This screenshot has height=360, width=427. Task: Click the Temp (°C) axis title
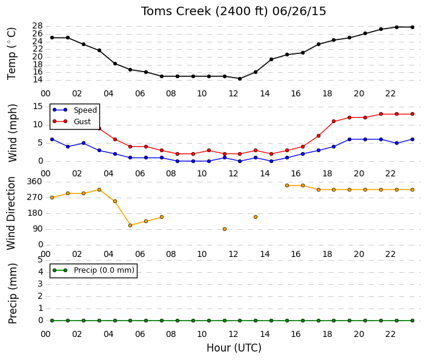coord(12,54)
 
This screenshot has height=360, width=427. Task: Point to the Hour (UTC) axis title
coord(234,348)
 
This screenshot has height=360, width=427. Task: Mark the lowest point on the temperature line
coord(240,79)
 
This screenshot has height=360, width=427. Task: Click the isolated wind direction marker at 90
coord(225,229)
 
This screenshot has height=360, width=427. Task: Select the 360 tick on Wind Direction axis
coord(35,181)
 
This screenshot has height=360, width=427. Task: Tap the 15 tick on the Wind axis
coord(38,106)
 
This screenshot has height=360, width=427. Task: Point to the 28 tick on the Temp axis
coord(38,26)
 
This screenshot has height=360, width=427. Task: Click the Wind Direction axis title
coord(12,213)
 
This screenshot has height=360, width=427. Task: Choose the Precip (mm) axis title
coord(12,293)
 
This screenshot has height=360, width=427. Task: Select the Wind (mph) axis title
coord(12,133)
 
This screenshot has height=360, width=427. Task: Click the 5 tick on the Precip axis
coord(41,260)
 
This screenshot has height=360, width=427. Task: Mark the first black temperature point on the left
coord(52,38)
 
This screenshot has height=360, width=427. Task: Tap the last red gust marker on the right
coord(412,114)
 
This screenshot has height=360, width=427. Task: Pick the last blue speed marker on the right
coord(412,139)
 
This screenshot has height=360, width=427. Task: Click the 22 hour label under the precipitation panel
coord(390,334)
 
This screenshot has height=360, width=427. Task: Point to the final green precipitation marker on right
coord(412,321)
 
